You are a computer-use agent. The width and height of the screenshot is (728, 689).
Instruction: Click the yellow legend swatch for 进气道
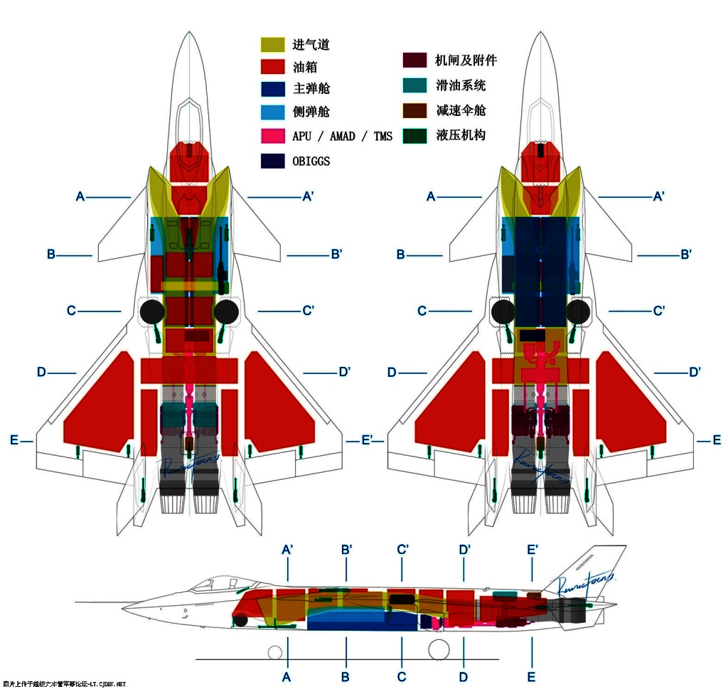coord(272,44)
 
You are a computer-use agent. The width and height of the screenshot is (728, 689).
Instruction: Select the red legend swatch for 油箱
coord(272,67)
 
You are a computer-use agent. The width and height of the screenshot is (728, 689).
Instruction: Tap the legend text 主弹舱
coord(311,89)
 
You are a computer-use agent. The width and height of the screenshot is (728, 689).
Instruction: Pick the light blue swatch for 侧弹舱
coord(272,112)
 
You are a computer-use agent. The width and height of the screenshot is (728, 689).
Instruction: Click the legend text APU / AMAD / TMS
coord(342,137)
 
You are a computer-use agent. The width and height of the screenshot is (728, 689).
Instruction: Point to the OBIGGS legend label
coord(311,161)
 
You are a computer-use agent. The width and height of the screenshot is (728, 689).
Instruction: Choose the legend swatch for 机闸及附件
coord(414,60)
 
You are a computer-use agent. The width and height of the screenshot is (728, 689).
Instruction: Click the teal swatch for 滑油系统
coord(414,85)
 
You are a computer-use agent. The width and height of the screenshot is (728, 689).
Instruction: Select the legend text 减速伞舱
coord(461,110)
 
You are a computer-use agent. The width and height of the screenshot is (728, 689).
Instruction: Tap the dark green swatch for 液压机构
coord(414,135)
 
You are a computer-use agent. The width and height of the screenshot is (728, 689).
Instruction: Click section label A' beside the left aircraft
coord(309,196)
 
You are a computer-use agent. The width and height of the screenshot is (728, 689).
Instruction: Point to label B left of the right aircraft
coord(401,255)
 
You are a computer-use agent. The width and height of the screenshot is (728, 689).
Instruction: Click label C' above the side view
coord(402,550)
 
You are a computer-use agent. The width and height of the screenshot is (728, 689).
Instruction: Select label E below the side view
coord(532,677)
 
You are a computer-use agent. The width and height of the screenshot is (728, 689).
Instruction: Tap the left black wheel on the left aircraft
coord(151,311)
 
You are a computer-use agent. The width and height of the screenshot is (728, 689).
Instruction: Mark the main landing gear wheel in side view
coord(439,649)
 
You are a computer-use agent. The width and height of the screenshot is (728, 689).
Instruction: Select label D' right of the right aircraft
coord(695,372)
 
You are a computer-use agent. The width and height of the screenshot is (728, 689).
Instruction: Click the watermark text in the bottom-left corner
coord(64,684)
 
